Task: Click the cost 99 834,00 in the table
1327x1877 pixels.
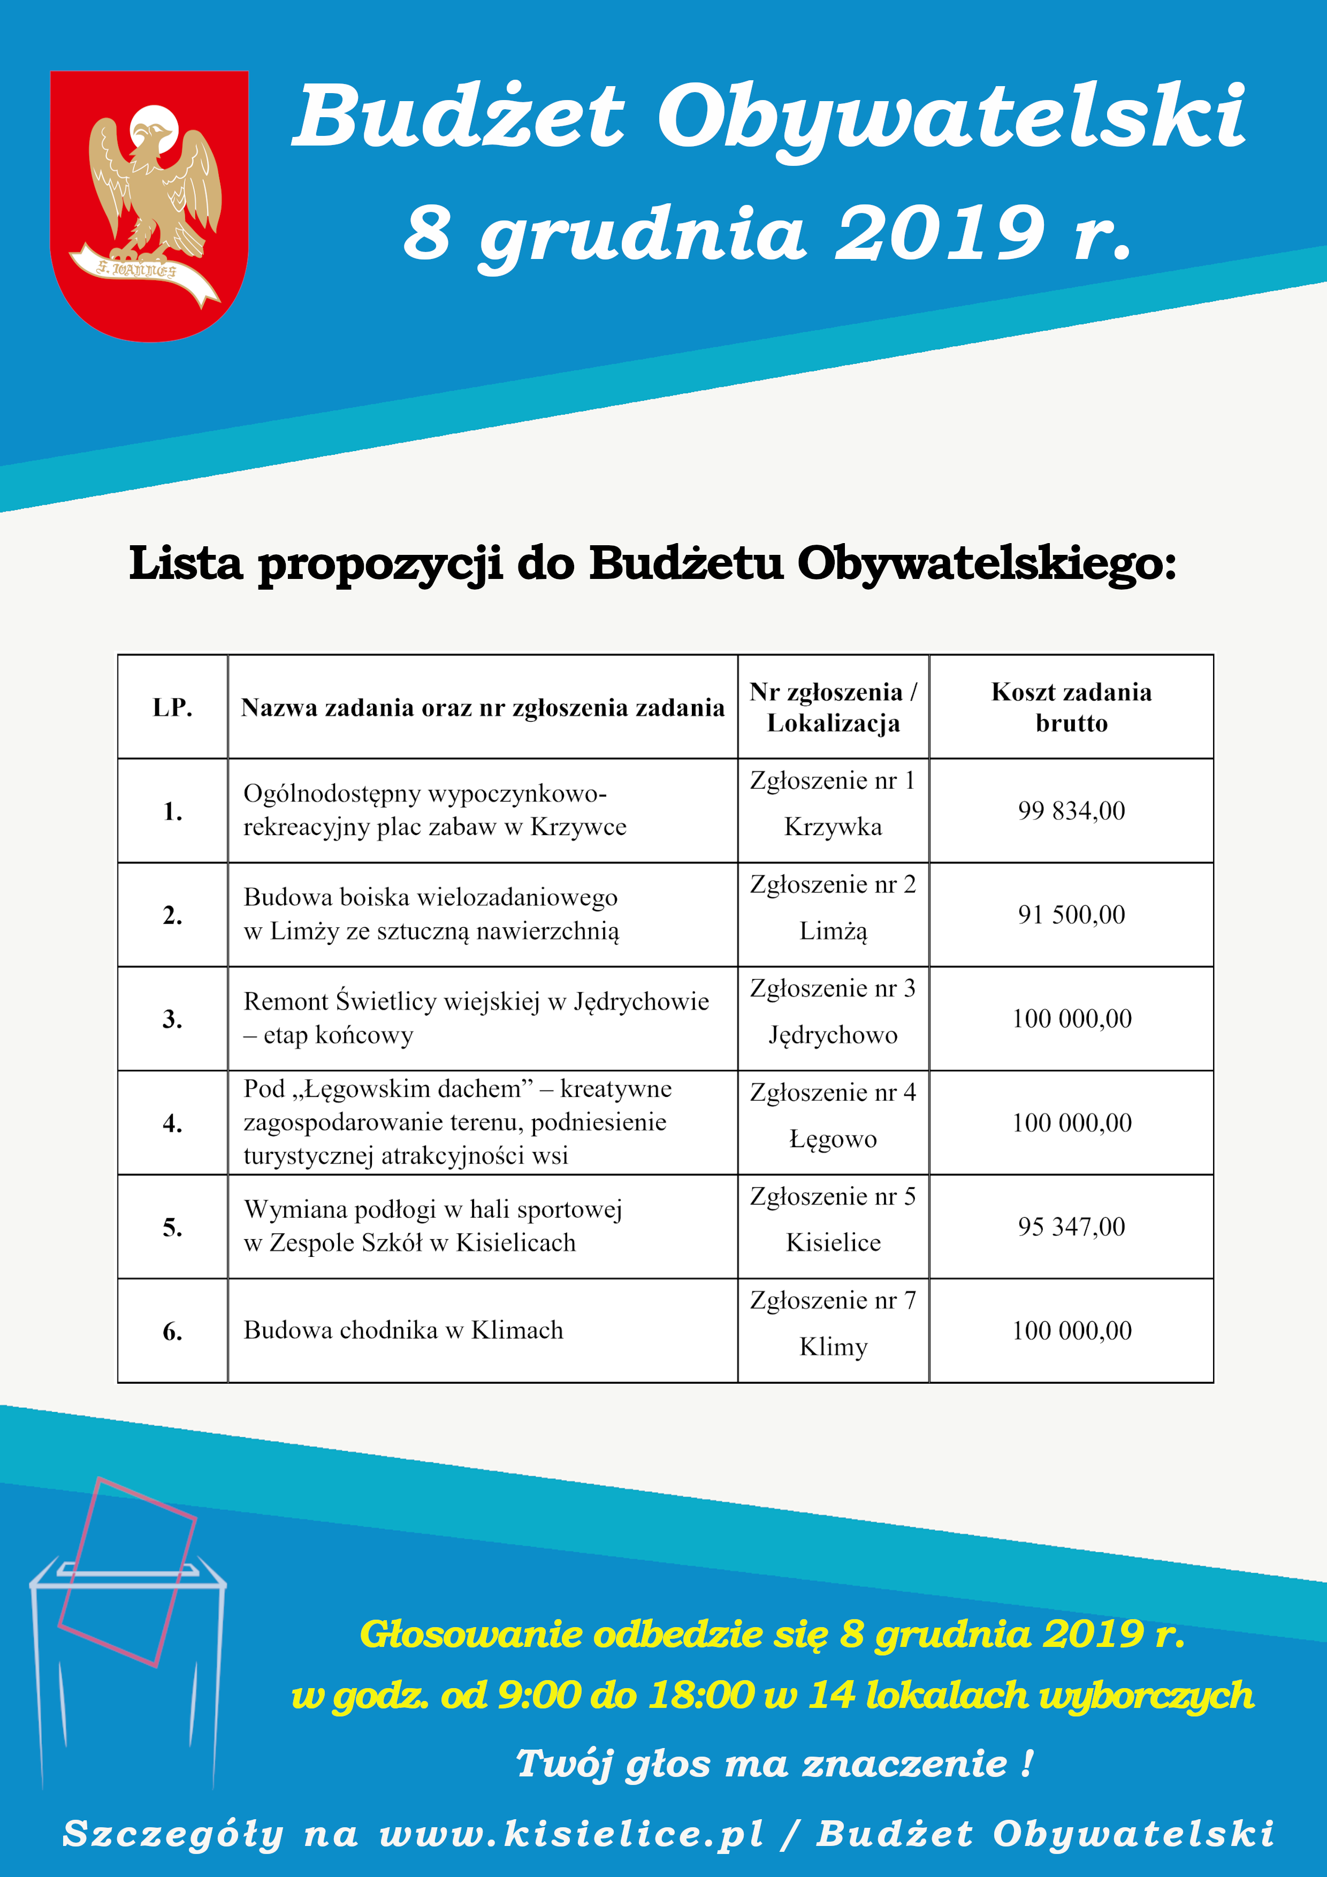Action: (x=1071, y=811)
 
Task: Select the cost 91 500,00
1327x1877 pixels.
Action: (x=1071, y=915)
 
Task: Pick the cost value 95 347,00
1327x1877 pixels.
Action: (x=1071, y=1227)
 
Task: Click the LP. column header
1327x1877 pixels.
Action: (x=172, y=708)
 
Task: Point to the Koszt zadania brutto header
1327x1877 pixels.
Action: (x=1071, y=708)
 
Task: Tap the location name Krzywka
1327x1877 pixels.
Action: (x=833, y=827)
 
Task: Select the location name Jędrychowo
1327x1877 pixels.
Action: (x=833, y=1036)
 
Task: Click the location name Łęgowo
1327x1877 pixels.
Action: (x=833, y=1140)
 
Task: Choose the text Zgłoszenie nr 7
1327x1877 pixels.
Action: (x=833, y=1301)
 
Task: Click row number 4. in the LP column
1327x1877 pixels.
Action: (x=172, y=1123)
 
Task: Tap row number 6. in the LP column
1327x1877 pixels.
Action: (x=172, y=1332)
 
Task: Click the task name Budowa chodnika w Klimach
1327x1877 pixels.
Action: (x=403, y=1331)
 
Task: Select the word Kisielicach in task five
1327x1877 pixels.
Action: (x=516, y=1243)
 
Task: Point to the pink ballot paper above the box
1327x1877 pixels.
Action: (x=127, y=1574)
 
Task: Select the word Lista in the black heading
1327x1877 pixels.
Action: (x=186, y=564)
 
